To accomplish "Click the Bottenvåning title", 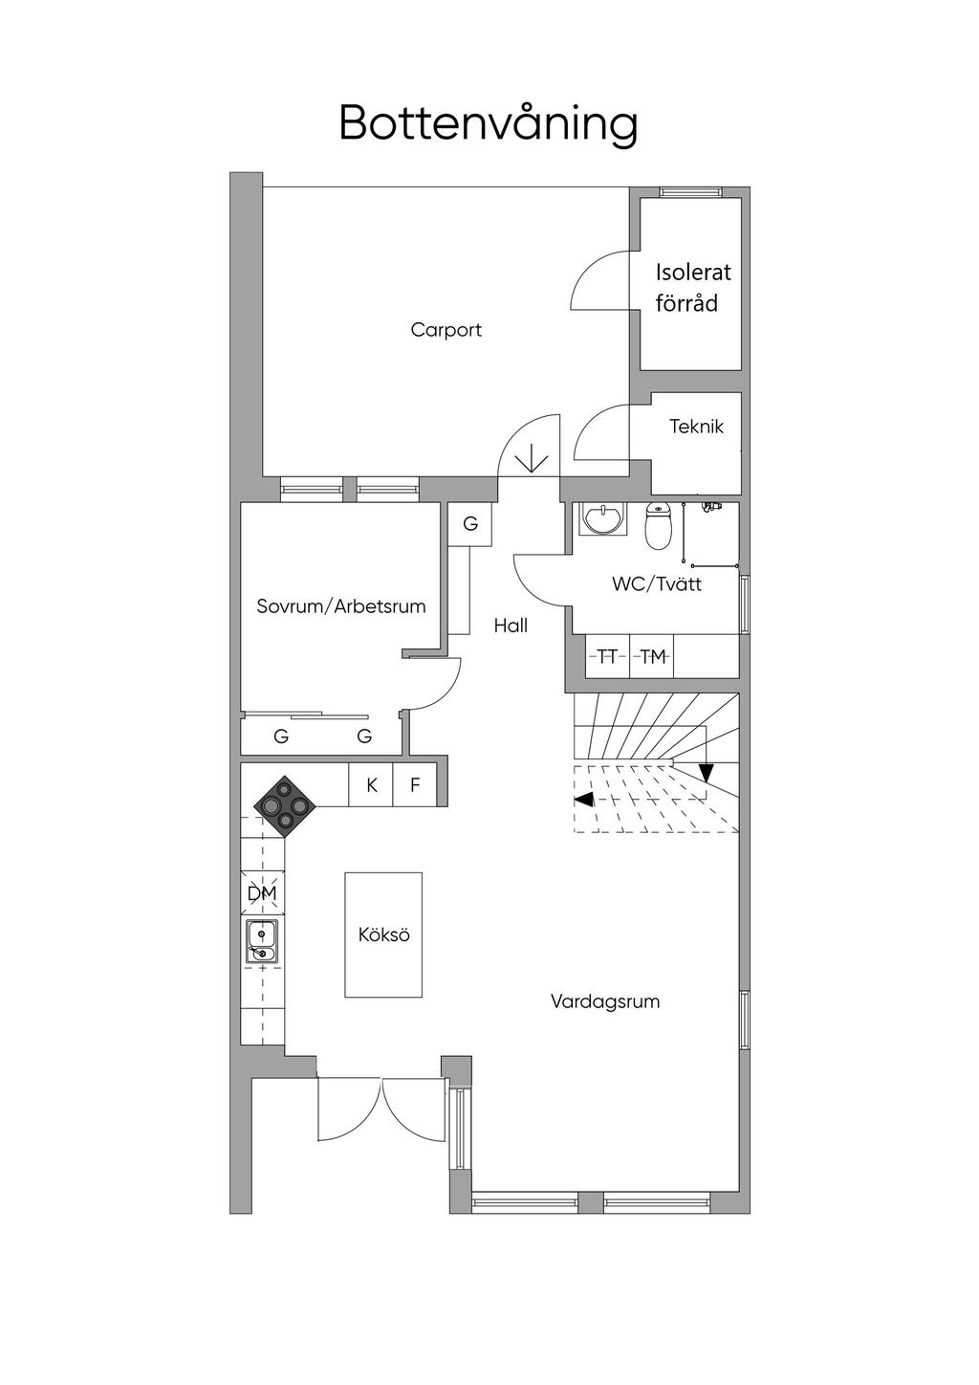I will pyautogui.click(x=488, y=123).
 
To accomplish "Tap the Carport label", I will pyautogui.click(x=446, y=330).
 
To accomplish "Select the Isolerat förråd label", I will pyautogui.click(x=692, y=287).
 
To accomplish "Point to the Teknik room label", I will pyautogui.click(x=696, y=427).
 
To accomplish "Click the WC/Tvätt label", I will pyautogui.click(x=656, y=583).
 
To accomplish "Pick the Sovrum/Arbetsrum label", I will pyautogui.click(x=340, y=606).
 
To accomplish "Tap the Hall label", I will pyautogui.click(x=511, y=626).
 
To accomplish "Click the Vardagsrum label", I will pyautogui.click(x=605, y=1001).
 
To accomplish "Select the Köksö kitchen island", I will pyautogui.click(x=383, y=934).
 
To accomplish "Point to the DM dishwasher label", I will pyautogui.click(x=261, y=893).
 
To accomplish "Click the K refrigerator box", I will pyautogui.click(x=371, y=785).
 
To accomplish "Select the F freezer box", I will pyautogui.click(x=415, y=785).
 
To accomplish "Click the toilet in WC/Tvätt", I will pyautogui.click(x=658, y=525).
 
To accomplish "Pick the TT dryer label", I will pyautogui.click(x=606, y=656).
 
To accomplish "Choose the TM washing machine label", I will pyautogui.click(x=652, y=656).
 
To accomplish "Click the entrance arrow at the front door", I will pyautogui.click(x=531, y=462).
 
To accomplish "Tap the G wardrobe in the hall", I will pyautogui.click(x=470, y=524).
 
